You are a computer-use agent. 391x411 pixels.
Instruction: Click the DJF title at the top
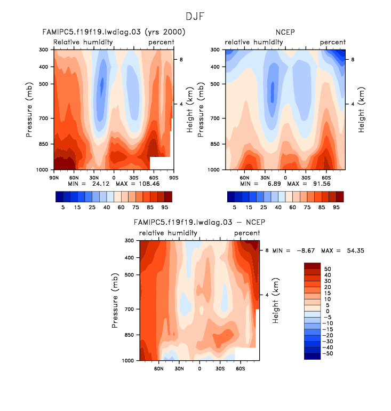pos(195,18)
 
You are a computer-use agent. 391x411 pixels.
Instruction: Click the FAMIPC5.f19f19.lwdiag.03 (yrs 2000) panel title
pos(114,33)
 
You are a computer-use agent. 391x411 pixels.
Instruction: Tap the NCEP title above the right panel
pos(285,33)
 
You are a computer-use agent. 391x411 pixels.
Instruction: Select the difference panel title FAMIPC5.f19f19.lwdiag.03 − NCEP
pos(199,223)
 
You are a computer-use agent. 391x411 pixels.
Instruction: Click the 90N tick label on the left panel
pos(53,177)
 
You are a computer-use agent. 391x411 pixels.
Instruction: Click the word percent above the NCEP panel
pos(332,42)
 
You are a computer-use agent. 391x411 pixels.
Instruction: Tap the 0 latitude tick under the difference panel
pos(200,368)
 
